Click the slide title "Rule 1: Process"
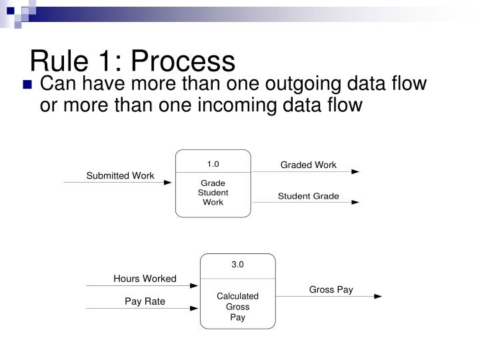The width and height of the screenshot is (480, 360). point(133,61)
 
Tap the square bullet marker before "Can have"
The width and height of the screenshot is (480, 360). point(27,85)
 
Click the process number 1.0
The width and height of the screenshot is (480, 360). point(213,163)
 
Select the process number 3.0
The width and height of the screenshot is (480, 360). point(238,265)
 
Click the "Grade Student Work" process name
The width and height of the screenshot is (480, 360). point(213,193)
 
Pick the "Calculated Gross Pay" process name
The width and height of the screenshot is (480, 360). point(238,307)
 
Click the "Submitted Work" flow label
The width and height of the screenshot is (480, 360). point(120,175)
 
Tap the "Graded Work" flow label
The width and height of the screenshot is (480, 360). point(308,165)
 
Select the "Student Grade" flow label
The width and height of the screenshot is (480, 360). point(308,196)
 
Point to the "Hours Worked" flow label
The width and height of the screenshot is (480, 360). point(145,279)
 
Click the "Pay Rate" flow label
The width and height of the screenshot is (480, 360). point(145,301)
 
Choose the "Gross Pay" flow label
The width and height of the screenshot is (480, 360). point(331,289)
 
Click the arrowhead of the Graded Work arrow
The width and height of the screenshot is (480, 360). point(355,172)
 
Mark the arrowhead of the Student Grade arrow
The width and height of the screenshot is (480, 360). point(355,203)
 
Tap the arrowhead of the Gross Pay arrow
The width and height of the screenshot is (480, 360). point(378,296)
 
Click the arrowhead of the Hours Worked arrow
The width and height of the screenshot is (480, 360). point(195,286)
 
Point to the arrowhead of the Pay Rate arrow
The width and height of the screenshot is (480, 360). point(195,309)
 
